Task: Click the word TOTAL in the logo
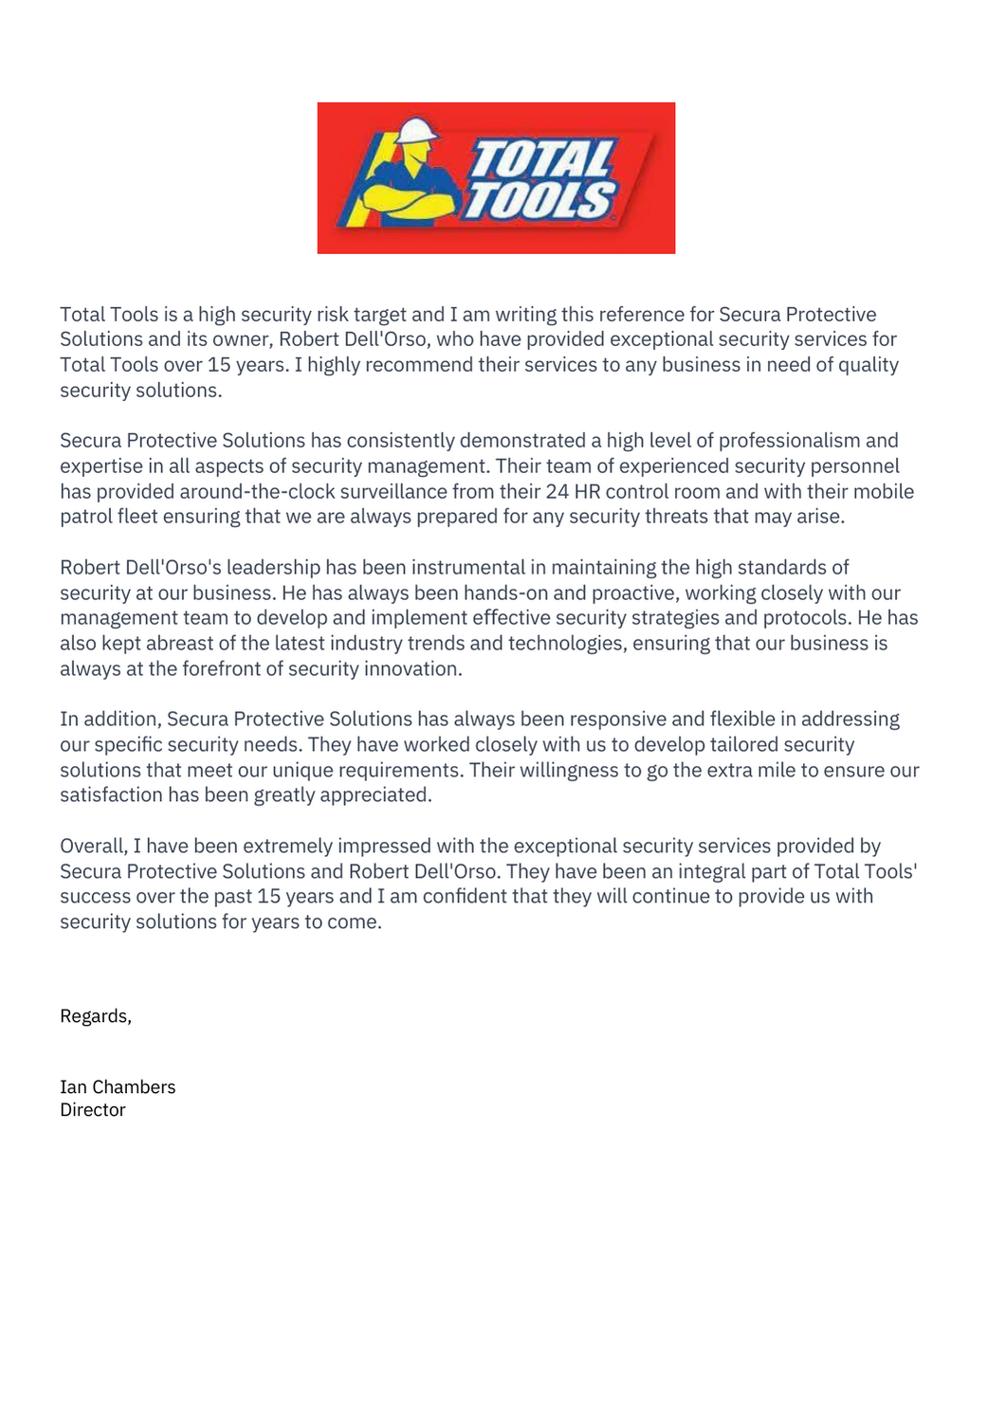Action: point(542,158)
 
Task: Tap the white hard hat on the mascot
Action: point(415,130)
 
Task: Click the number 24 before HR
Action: point(557,492)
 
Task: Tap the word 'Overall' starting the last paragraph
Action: point(92,847)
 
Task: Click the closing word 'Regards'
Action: point(94,1016)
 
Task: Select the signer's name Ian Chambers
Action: point(118,1087)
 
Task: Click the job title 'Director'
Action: point(93,1110)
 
